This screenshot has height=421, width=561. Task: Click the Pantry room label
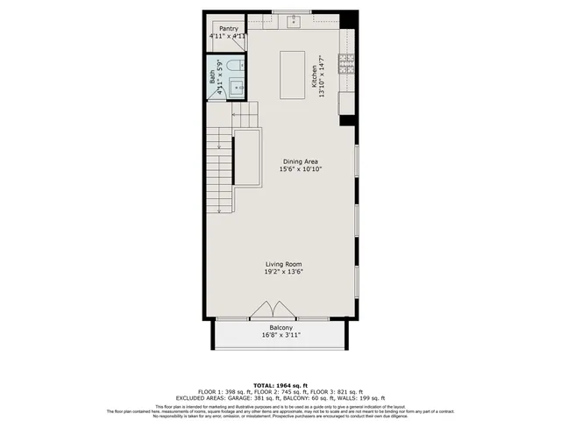(x=228, y=28)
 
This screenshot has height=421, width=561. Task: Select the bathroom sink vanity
(x=238, y=88)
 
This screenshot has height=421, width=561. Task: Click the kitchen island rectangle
(x=291, y=75)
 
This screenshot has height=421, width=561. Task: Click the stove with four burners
(x=346, y=62)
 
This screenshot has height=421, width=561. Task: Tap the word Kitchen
(x=313, y=76)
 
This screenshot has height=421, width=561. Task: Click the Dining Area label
(x=300, y=161)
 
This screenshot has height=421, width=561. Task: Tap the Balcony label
(x=280, y=327)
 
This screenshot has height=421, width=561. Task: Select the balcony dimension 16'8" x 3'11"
(x=280, y=335)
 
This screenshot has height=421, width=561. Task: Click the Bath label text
(x=213, y=77)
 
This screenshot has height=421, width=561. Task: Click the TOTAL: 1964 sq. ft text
(x=280, y=384)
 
